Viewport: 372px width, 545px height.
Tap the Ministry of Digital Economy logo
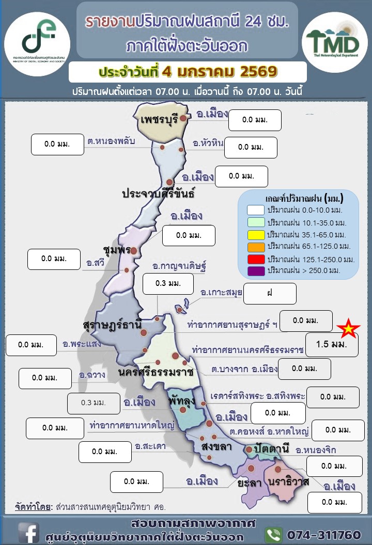click(x=37, y=37)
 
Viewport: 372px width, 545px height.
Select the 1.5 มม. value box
click(x=332, y=344)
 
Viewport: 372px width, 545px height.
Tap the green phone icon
click(x=273, y=534)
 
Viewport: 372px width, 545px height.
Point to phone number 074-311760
click(x=323, y=534)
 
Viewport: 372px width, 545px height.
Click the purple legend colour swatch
click(x=256, y=270)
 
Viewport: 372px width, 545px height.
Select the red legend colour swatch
click(x=256, y=258)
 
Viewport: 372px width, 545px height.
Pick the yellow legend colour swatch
click(x=256, y=234)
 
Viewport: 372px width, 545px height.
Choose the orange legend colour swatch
click(x=256, y=246)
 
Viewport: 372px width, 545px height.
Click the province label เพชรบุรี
click(x=159, y=119)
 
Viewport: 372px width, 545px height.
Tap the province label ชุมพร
click(x=116, y=250)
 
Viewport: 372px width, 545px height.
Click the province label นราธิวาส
click(x=288, y=482)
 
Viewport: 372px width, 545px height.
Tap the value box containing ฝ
click(x=270, y=293)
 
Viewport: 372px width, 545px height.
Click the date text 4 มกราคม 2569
click(x=219, y=71)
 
